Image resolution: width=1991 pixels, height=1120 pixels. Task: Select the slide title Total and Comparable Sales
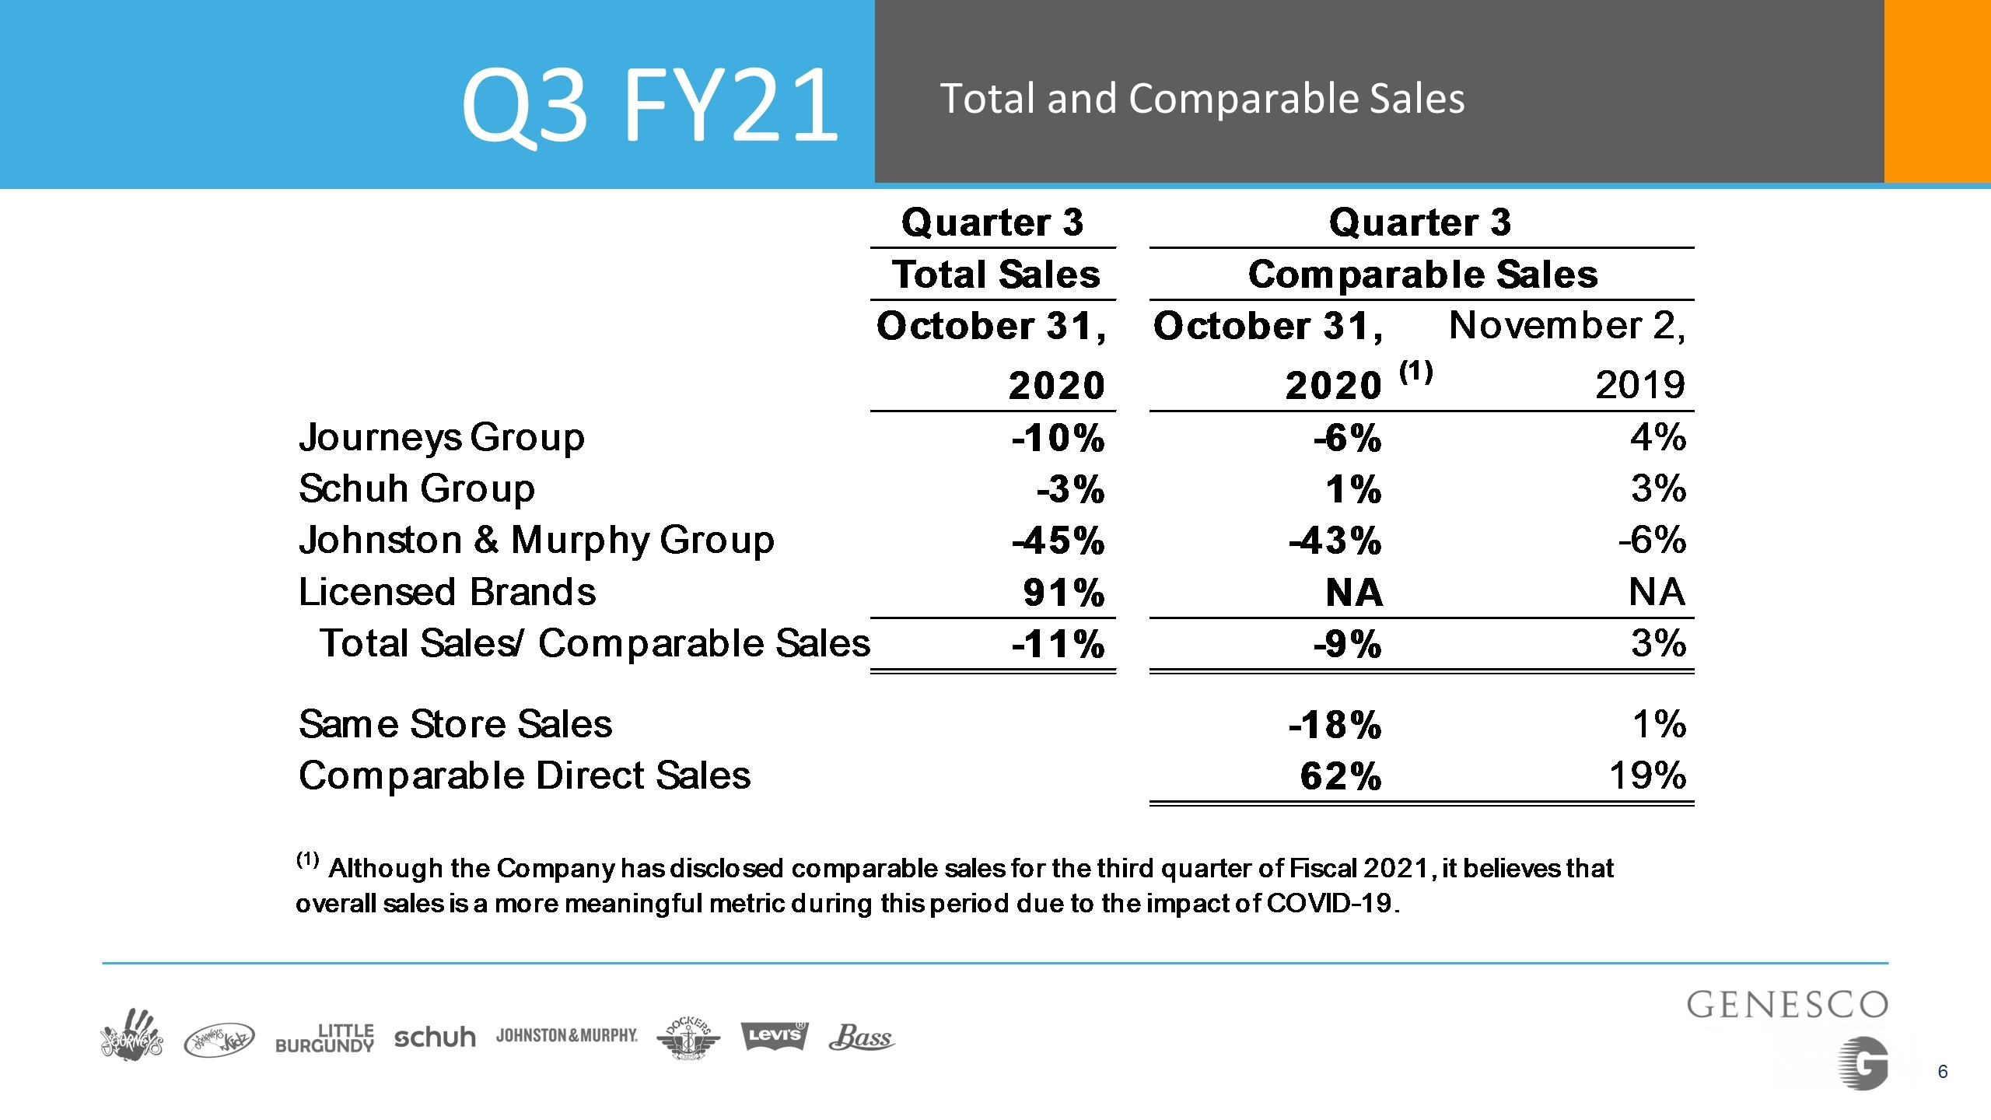tap(1202, 100)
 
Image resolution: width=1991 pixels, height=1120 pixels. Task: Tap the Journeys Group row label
tap(441, 438)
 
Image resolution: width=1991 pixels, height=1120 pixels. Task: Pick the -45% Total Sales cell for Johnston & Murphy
tap(1058, 541)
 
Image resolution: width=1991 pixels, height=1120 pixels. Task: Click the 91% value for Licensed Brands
tap(1064, 593)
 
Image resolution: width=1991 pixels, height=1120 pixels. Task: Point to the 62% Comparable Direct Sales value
tap(1341, 776)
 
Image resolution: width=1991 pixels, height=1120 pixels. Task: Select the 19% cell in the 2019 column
tap(1647, 775)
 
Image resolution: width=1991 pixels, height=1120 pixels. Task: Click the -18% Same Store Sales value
tap(1335, 725)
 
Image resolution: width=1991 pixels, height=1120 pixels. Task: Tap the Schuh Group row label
tap(417, 489)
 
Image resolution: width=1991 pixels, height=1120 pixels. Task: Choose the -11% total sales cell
tap(1058, 644)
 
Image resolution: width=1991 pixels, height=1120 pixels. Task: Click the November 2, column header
tap(1567, 325)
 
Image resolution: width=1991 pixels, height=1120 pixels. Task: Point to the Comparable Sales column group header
tap(1422, 275)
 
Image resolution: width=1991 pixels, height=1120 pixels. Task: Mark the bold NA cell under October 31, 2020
tap(1354, 593)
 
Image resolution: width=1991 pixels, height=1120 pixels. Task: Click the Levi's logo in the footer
tap(774, 1035)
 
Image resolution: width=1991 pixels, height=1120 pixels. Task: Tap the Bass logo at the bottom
tap(862, 1037)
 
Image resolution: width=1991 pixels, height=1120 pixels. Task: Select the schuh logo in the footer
tap(435, 1037)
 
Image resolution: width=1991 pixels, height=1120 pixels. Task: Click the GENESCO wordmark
tap(1787, 1005)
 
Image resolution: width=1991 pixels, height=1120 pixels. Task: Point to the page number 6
tap(1943, 1072)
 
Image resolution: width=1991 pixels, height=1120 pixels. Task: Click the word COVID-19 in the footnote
tap(1333, 903)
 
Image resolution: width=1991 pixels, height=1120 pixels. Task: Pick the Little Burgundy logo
tap(324, 1038)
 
